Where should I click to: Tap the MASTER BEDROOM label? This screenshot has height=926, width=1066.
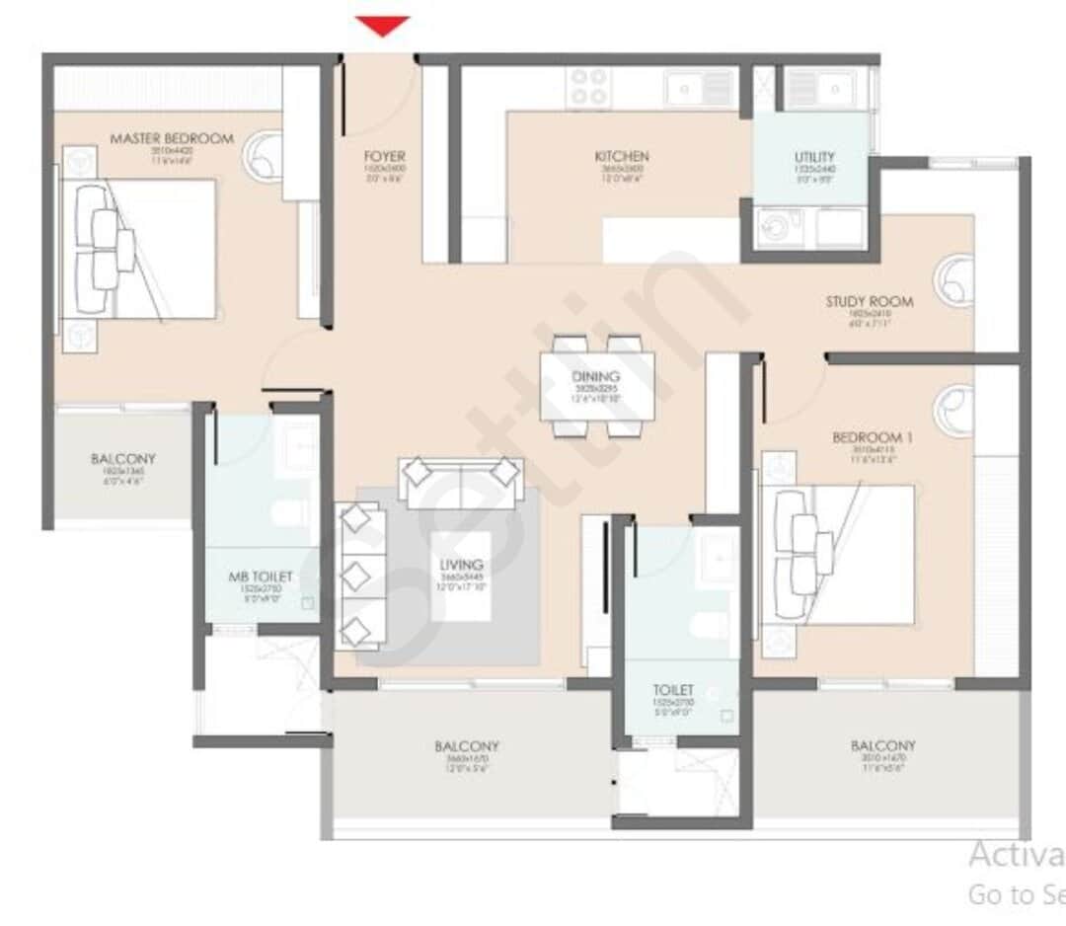point(172,139)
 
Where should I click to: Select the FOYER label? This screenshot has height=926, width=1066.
point(384,157)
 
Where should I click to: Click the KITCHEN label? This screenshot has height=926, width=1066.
point(621,157)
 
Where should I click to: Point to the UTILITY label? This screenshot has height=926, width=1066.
point(814,157)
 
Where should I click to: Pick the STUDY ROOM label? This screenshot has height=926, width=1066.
point(870,302)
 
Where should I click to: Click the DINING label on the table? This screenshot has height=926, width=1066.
point(596,376)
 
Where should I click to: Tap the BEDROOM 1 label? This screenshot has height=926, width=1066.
point(867,437)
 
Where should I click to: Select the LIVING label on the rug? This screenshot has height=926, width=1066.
point(461,565)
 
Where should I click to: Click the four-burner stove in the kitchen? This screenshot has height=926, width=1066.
point(589,87)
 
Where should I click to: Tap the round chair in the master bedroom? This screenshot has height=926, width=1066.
point(265,157)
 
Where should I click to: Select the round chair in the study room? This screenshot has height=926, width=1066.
point(954,278)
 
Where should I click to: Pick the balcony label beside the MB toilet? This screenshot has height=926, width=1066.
point(123,459)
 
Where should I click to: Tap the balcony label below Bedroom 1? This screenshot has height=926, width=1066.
point(882,746)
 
